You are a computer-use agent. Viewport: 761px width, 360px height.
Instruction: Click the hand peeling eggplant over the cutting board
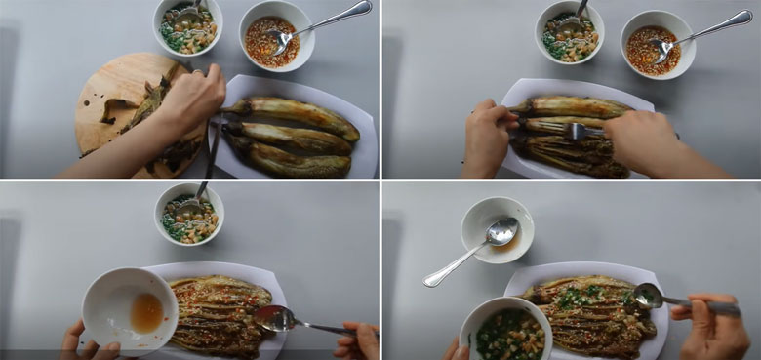tap(190, 98)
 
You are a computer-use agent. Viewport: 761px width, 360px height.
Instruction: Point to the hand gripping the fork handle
tap(644, 141)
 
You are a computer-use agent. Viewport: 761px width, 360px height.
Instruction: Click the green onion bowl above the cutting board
tap(188, 26)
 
